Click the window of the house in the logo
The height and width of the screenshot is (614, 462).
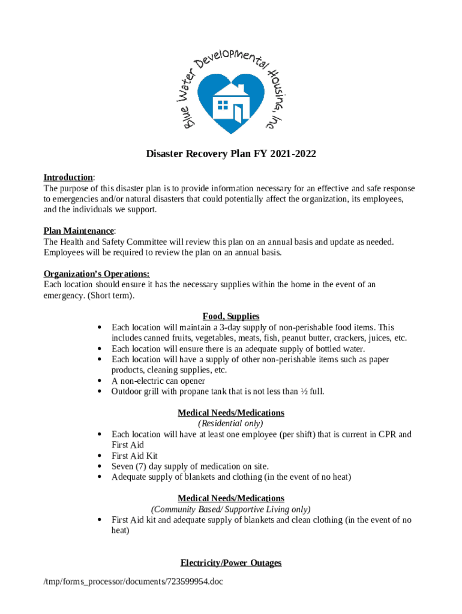coord(223,106)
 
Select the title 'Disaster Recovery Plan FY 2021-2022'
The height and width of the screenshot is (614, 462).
coord(231,154)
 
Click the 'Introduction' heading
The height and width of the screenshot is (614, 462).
coord(68,177)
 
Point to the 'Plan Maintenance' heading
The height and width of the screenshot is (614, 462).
coord(79,231)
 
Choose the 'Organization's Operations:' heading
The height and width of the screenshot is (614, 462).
coord(97,273)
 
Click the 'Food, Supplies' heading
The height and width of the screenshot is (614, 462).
coord(231,316)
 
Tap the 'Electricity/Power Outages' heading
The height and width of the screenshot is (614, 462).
coord(231,563)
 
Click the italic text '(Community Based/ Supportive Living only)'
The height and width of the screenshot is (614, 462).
coord(231,509)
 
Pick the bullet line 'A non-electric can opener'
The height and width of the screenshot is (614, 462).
coord(158,381)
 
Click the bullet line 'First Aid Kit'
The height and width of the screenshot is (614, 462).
coord(134,456)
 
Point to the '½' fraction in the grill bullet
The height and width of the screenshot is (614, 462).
coord(304,392)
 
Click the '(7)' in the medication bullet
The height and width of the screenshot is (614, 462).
coord(144,466)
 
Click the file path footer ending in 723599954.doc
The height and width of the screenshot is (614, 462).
coord(133,581)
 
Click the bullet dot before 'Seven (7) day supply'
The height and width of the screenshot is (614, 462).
coord(98,466)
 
